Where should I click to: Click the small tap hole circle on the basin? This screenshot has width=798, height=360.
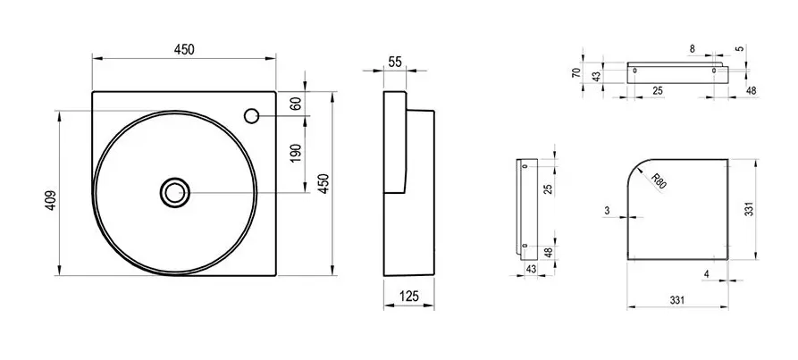coord(251,116)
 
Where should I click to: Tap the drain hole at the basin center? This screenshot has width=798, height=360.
coord(175,193)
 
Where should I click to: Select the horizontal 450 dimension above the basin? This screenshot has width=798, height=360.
coord(184,49)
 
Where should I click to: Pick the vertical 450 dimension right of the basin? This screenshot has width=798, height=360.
coord(324,183)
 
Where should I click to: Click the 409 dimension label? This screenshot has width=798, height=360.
coord(52,200)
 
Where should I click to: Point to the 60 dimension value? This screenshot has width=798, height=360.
coord(297,104)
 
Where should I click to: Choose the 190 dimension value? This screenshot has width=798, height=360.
coord(296,154)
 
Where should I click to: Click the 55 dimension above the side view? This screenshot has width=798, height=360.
coord(395,62)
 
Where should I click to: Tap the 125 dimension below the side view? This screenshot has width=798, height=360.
coord(408,296)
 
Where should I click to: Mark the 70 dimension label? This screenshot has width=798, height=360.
coord(576,71)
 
